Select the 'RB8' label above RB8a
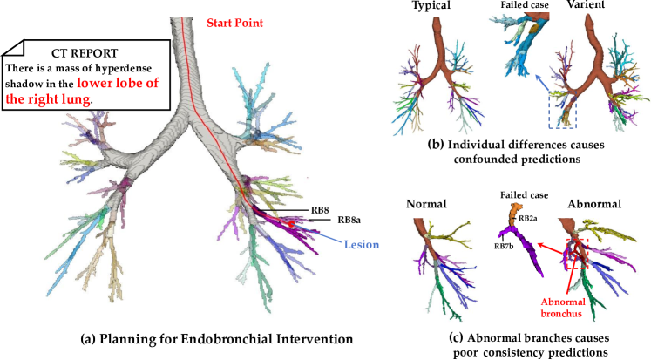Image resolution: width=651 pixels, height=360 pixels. coord(321,209)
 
